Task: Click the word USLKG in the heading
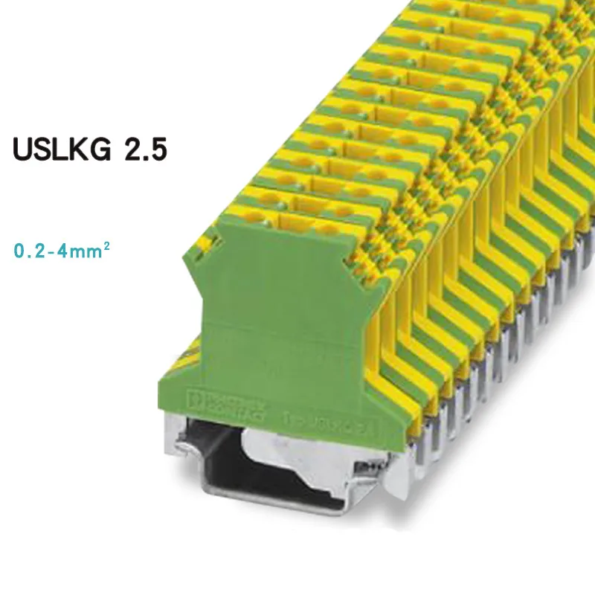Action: (61, 148)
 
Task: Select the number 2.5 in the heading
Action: (144, 148)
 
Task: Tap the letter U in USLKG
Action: (23, 148)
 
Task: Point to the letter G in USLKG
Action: (100, 148)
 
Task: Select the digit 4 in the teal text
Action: (65, 251)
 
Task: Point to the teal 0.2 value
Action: (30, 251)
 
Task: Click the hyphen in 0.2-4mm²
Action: (53, 251)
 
